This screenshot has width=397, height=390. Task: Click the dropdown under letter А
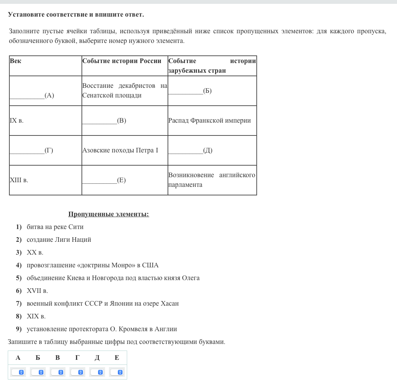tap(18, 372)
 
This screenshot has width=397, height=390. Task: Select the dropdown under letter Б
tap(38, 372)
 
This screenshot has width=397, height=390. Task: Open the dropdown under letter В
tap(57, 372)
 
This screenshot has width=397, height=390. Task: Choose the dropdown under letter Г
tap(77, 372)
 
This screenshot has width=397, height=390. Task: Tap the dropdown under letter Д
tap(97, 372)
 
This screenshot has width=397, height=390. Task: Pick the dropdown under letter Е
tap(117, 372)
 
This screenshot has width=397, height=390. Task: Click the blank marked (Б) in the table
tap(190, 91)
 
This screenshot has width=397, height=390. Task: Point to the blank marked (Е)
tap(104, 180)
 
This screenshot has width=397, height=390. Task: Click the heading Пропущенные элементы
tap(109, 214)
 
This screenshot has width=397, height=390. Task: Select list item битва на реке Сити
tap(55, 227)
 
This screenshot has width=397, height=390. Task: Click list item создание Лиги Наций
tap(59, 240)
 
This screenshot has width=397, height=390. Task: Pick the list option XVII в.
tap(37, 291)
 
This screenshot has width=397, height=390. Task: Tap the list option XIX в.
tap(36, 316)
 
